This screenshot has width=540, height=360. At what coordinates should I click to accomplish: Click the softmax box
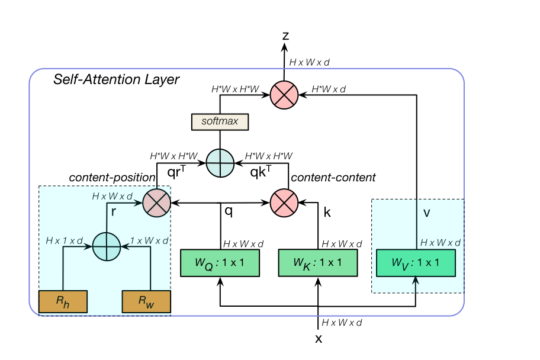pyautogui.click(x=220, y=121)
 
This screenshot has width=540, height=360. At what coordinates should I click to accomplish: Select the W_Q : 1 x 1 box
pyautogui.click(x=220, y=263)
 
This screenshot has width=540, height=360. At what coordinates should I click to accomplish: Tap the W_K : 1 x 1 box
pyautogui.click(x=318, y=263)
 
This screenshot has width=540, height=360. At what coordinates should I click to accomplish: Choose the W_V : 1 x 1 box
pyautogui.click(x=416, y=263)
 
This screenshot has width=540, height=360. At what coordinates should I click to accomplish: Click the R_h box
pyautogui.click(x=63, y=301)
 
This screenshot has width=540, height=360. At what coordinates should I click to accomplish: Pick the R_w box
pyautogui.click(x=146, y=301)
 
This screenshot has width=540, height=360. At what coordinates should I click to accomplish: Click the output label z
pyautogui.click(x=285, y=36)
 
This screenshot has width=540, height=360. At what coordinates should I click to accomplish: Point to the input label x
pyautogui.click(x=319, y=339)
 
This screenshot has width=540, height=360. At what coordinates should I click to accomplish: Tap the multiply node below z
pyautogui.click(x=284, y=95)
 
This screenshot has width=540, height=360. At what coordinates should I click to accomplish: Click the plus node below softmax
pyautogui.click(x=220, y=163)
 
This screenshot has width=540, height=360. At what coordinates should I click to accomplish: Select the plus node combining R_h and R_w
pyautogui.click(x=107, y=247)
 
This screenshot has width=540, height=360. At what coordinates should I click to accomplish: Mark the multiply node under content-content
pyautogui.click(x=284, y=203)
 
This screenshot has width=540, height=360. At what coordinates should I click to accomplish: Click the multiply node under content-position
pyautogui.click(x=157, y=203)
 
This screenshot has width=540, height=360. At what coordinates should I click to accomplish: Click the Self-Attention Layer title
pyautogui.click(x=117, y=79)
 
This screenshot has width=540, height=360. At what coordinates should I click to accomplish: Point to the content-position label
pyautogui.click(x=112, y=178)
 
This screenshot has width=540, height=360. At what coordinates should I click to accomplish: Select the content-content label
pyautogui.click(x=333, y=178)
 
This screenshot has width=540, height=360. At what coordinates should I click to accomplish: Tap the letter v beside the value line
pyautogui.click(x=427, y=213)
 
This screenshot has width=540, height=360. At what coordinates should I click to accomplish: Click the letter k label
pyautogui.click(x=327, y=212)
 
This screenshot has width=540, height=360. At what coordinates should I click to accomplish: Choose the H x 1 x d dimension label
pyautogui.click(x=65, y=240)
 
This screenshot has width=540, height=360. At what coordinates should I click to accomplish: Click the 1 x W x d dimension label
pyautogui.click(x=149, y=240)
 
